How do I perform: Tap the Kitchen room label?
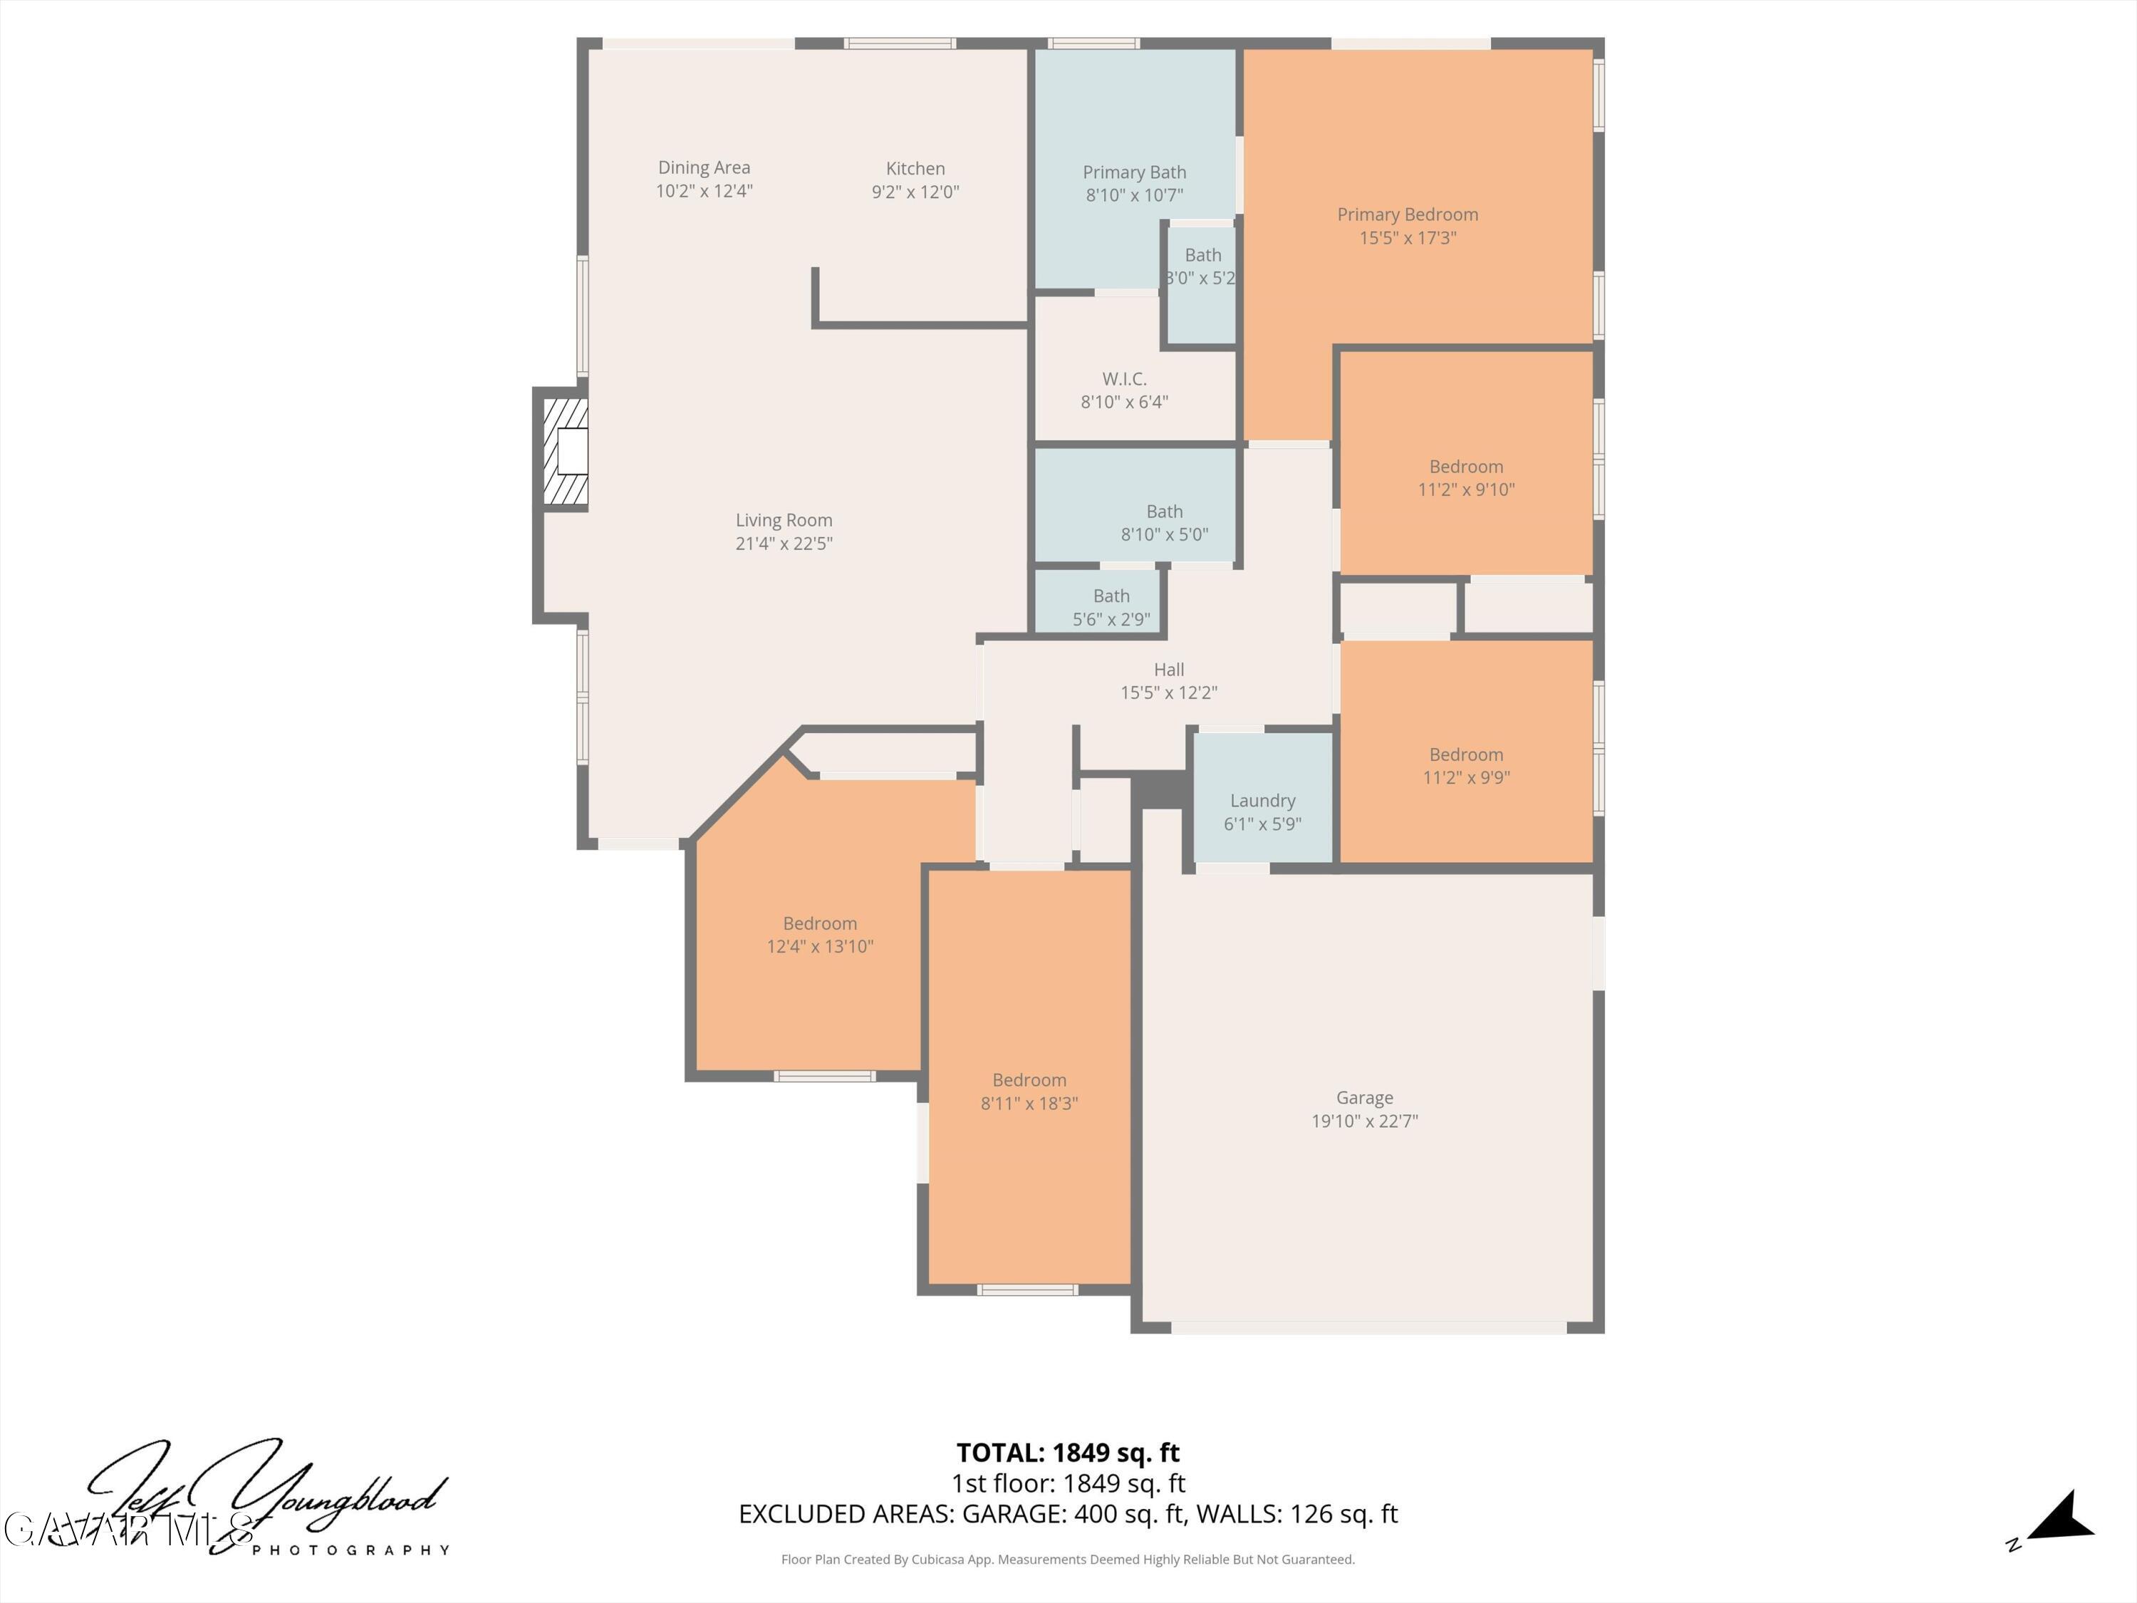tap(915, 169)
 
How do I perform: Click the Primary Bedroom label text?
tap(1407, 214)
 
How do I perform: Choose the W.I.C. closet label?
tap(1123, 380)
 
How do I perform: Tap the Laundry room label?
tap(1262, 801)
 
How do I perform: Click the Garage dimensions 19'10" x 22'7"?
tap(1364, 1121)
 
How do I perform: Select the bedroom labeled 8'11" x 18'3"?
tap(1029, 1092)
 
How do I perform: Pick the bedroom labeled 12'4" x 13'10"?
tap(819, 934)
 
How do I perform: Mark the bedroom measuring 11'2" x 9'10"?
tap(1465, 478)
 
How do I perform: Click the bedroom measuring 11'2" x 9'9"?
tap(1465, 765)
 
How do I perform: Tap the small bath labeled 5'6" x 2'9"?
tap(1111, 608)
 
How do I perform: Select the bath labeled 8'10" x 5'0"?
tap(1164, 523)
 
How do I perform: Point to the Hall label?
tap(1168, 670)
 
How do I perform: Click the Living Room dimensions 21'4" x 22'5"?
tap(784, 543)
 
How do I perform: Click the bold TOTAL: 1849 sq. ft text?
tap(1068, 1452)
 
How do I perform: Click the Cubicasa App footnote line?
tap(1068, 1560)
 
